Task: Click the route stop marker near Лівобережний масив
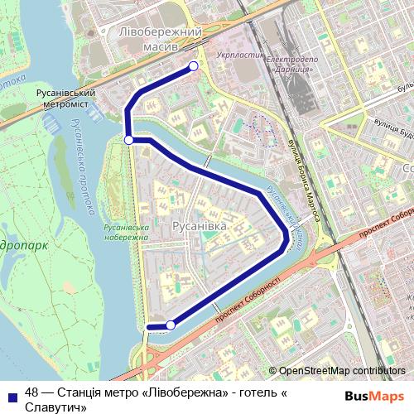[194, 66]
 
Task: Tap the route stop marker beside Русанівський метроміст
[128, 141]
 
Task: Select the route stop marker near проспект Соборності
[171, 325]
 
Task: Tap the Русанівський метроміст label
[63, 100]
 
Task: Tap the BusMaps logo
[374, 395]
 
